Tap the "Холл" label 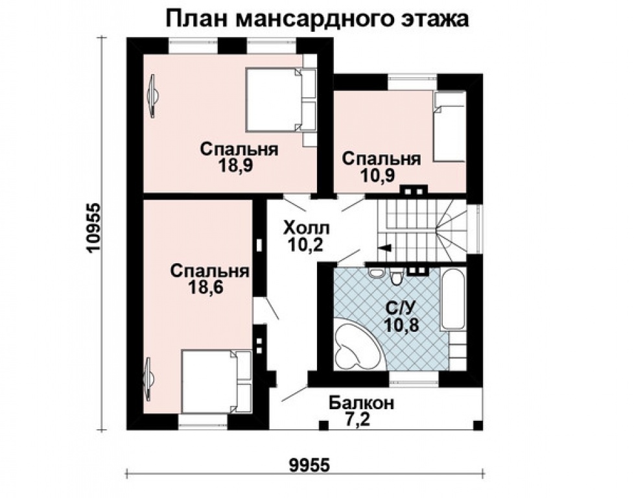tap(306, 228)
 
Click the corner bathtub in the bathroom tap(355, 347)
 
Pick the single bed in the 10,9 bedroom tap(449, 126)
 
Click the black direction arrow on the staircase tap(384, 248)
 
